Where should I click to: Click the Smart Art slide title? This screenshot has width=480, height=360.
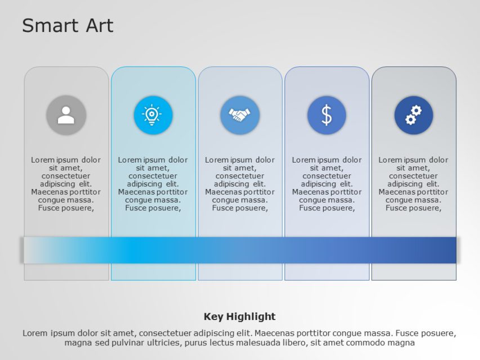68,26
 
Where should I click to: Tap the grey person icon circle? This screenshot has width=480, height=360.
66,115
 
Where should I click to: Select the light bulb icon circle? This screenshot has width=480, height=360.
153,115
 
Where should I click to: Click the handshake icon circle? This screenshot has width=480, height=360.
240,115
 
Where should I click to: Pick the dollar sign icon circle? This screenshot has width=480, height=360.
326,115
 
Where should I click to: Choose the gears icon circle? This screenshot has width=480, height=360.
414,115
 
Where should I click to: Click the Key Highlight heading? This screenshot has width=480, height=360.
240,316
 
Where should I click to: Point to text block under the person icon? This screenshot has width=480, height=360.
66,184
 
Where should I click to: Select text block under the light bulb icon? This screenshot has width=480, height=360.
153,184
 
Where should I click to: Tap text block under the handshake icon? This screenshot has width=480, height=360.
240,184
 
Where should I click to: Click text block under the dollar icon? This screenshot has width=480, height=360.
326,184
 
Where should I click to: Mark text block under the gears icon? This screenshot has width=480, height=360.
414,184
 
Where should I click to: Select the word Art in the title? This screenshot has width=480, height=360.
99,26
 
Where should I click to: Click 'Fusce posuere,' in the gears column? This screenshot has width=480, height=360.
414,208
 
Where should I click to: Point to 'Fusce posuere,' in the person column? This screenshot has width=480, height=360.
66,208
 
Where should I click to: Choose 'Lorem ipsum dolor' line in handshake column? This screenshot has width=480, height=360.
240,160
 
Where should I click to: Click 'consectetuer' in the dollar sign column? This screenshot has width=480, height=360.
326,176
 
